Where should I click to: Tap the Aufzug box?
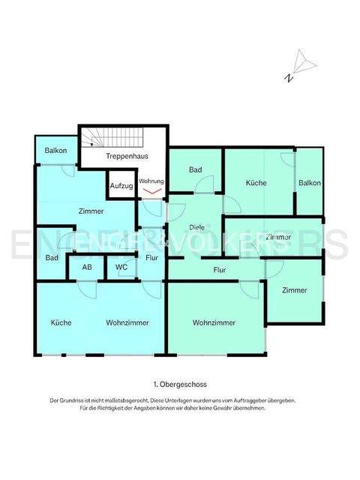pyautogui.click(x=121, y=185)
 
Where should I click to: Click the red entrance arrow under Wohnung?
pyautogui.click(x=151, y=191)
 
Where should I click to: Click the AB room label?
pyautogui.click(x=87, y=267)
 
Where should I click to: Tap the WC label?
pyautogui.click(x=121, y=267)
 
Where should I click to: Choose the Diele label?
pyautogui.click(x=197, y=226)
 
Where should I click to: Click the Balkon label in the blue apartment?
pyautogui.click(x=55, y=150)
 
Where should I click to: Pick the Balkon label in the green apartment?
pyautogui.click(x=309, y=183)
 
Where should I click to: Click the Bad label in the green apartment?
pyautogui.click(x=195, y=170)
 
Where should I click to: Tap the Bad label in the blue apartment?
pyautogui.click(x=51, y=258)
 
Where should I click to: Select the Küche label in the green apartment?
pyautogui.click(x=256, y=183)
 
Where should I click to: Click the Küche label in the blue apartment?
pyautogui.click(x=61, y=322)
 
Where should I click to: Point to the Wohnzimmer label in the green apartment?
pyautogui.click(x=214, y=322)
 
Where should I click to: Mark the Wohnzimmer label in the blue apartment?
pyautogui.click(x=127, y=322)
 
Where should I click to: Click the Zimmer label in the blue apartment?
pyautogui.click(x=91, y=211)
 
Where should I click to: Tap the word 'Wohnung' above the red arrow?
pyautogui.click(x=151, y=181)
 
